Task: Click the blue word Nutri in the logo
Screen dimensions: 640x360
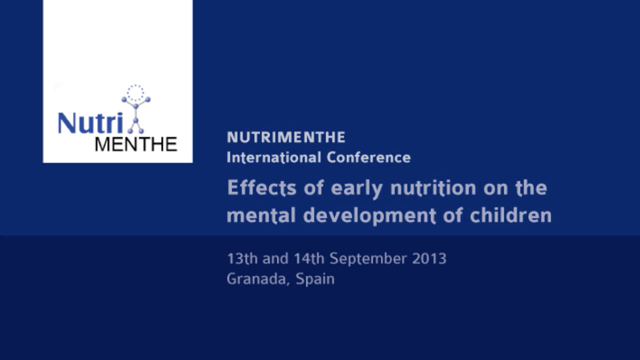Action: pyautogui.click(x=90, y=123)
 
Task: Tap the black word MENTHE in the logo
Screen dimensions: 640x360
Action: pyautogui.click(x=136, y=144)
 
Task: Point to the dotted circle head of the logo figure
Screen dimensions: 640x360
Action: pyautogui.click(x=135, y=92)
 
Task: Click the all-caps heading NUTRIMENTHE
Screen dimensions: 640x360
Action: pyautogui.click(x=286, y=137)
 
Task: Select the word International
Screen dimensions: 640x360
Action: pyautogui.click(x=273, y=157)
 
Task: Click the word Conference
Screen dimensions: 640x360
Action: pyautogui.click(x=368, y=157)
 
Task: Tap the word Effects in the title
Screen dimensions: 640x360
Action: pyautogui.click(x=261, y=187)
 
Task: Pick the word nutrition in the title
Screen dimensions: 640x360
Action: pyautogui.click(x=433, y=187)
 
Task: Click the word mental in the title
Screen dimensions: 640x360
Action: pyautogui.click(x=261, y=215)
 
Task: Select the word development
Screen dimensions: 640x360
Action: pyautogui.click(x=369, y=216)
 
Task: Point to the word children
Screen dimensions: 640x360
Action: pyautogui.click(x=511, y=215)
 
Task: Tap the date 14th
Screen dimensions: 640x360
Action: pyautogui.click(x=309, y=258)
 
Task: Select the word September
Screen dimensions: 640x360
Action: pyautogui.click(x=368, y=259)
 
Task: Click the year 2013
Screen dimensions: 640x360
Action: pyautogui.click(x=429, y=258)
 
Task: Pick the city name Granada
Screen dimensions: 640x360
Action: pyautogui.click(x=256, y=279)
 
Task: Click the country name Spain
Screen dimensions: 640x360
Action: pyautogui.click(x=315, y=279)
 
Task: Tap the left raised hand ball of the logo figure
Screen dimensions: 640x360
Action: pyautogui.click(x=124, y=99)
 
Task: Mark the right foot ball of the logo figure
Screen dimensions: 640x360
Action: pyautogui.click(x=141, y=131)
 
